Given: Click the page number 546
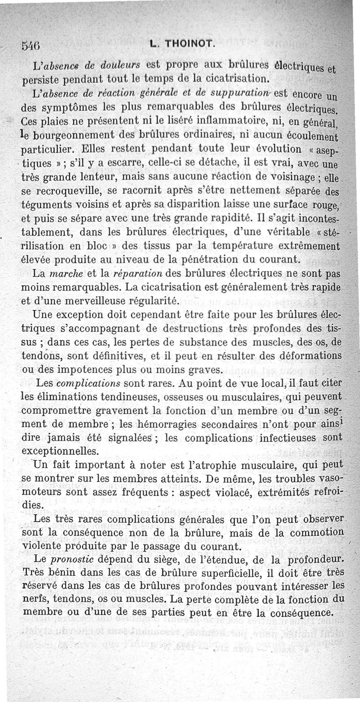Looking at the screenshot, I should coord(31,45).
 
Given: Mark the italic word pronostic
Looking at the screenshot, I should coord(71,559).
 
